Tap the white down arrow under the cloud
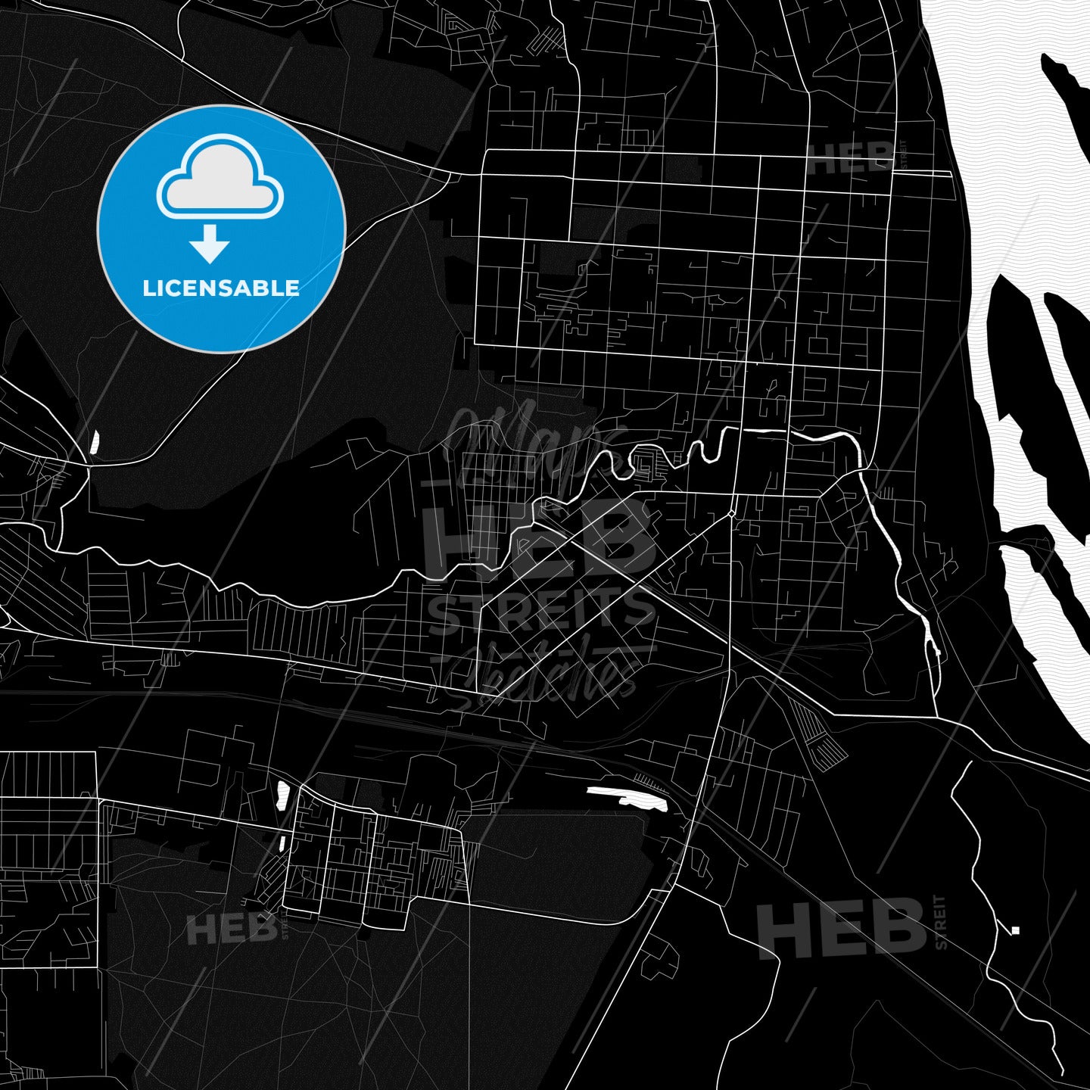210,244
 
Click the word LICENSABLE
221,288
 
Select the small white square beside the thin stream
1015,930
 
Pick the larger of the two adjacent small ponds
283,795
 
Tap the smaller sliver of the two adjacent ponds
281,842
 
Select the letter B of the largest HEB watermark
624,538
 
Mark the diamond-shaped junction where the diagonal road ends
732,514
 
